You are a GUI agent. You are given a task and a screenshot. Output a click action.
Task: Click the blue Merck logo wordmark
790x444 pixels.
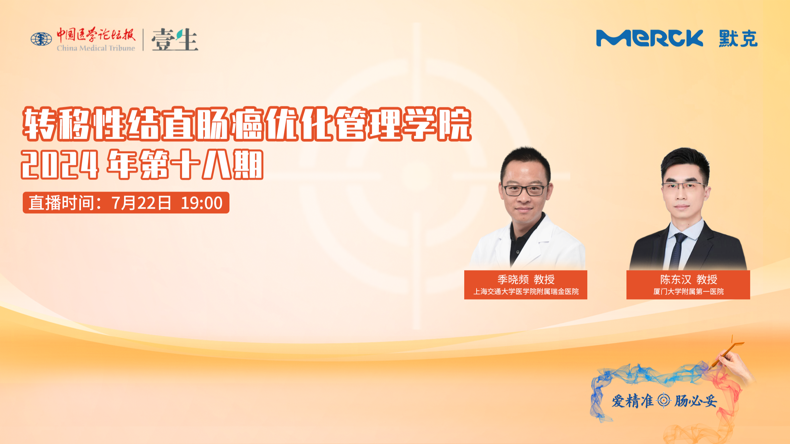tap(650, 38)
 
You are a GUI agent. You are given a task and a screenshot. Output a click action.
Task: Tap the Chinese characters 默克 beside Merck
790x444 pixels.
tap(738, 38)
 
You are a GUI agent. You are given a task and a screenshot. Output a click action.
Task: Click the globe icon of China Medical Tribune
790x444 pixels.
tap(41, 39)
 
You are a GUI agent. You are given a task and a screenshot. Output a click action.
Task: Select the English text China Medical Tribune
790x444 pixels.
tap(96, 48)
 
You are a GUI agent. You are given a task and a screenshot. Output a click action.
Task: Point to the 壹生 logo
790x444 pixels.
tap(175, 39)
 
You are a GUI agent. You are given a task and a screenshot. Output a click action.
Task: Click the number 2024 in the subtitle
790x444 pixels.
tap(60, 164)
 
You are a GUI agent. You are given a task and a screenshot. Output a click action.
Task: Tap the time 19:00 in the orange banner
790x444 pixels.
tap(202, 203)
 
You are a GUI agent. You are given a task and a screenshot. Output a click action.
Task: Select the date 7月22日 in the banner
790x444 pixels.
tap(141, 203)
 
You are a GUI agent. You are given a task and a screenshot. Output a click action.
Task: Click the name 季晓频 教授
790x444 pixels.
tap(526, 279)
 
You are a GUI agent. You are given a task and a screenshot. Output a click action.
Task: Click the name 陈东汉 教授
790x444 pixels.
tap(689, 279)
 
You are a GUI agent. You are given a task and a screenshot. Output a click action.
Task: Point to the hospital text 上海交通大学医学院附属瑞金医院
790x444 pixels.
tap(526, 292)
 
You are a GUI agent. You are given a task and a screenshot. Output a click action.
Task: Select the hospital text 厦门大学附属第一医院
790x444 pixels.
tap(689, 292)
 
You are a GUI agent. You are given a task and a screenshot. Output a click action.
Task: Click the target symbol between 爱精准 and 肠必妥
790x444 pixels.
tap(664, 401)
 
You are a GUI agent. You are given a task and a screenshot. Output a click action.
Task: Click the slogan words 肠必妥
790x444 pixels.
tap(696, 401)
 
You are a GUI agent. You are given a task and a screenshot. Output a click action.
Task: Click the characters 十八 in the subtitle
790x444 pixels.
tap(201, 164)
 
